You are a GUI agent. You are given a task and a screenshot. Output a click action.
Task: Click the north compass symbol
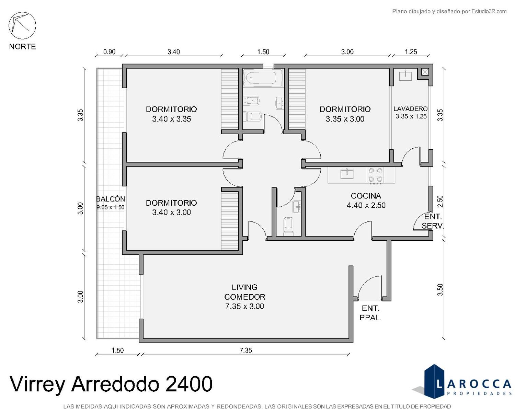tap(22, 25)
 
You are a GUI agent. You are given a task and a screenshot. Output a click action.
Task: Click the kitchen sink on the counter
tap(347, 173)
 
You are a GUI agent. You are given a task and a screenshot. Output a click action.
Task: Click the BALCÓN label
tap(110, 199)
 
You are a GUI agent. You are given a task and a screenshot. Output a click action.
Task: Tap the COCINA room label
tap(366, 196)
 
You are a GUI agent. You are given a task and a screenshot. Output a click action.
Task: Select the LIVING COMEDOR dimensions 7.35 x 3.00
tap(244, 306)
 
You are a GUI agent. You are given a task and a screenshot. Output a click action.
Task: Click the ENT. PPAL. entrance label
tap(370, 313)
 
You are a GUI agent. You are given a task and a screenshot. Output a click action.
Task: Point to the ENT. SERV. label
tap(433, 221)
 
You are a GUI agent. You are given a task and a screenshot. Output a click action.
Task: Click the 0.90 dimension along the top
tap(110, 52)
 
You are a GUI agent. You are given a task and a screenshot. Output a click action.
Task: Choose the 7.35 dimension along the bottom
tap(246, 351)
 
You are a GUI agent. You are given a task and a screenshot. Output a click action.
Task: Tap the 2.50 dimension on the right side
tap(440, 201)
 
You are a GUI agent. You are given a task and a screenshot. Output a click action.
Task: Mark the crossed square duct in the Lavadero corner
tap(425, 72)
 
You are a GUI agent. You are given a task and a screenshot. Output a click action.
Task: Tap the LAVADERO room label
tap(410, 109)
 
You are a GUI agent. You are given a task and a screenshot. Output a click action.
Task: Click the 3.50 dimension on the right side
tap(440, 290)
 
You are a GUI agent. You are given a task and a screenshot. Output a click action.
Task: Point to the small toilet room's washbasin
tap(297, 207)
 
